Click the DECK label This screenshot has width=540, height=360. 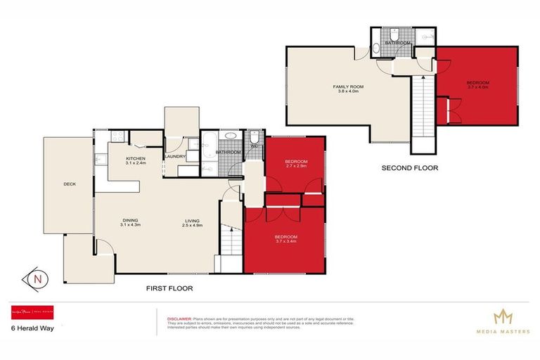click(x=69, y=185)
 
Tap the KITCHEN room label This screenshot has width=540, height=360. click(x=136, y=159)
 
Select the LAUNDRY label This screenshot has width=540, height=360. click(x=174, y=156)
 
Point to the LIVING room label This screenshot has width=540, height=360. click(x=192, y=219)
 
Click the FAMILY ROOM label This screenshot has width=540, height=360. click(x=348, y=86)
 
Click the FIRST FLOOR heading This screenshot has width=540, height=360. click(x=169, y=288)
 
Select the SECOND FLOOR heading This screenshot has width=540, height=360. click(x=409, y=168)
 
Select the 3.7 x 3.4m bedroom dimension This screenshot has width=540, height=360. click(x=285, y=241)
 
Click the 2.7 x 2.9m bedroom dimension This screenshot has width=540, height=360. click(x=295, y=167)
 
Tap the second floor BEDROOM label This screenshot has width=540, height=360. click(x=477, y=83)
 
